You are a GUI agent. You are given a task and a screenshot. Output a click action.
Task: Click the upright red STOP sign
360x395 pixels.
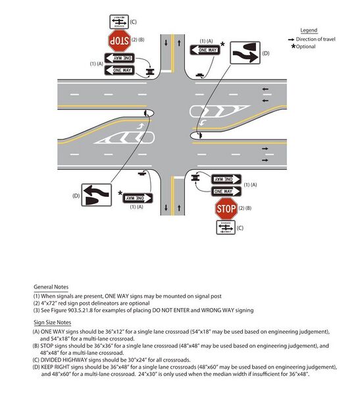226,209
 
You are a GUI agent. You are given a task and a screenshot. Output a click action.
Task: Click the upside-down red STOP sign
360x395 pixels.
118,41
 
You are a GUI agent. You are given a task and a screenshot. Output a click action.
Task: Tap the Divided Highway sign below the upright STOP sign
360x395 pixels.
226,227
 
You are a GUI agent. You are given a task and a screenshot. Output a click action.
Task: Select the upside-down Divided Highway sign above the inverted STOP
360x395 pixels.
118,22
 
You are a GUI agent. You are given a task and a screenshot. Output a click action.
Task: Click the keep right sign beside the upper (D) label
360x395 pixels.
244,53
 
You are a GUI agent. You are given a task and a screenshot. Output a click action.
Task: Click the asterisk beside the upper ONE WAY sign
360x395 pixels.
223,45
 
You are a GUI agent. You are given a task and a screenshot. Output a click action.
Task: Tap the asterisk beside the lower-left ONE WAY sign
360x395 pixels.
120,194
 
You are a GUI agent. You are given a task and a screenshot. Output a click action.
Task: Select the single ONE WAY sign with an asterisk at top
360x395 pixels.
204,50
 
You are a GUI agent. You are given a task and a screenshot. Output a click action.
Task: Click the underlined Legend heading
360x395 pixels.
309,31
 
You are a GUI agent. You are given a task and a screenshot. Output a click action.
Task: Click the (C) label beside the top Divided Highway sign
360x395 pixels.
133,22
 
